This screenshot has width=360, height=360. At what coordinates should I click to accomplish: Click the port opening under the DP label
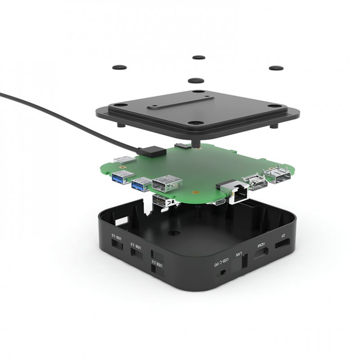coord(283,245)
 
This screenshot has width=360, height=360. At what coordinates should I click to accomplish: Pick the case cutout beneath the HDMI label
coord(261,256)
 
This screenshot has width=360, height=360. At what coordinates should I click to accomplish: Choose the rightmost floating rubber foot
coord(276,68)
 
